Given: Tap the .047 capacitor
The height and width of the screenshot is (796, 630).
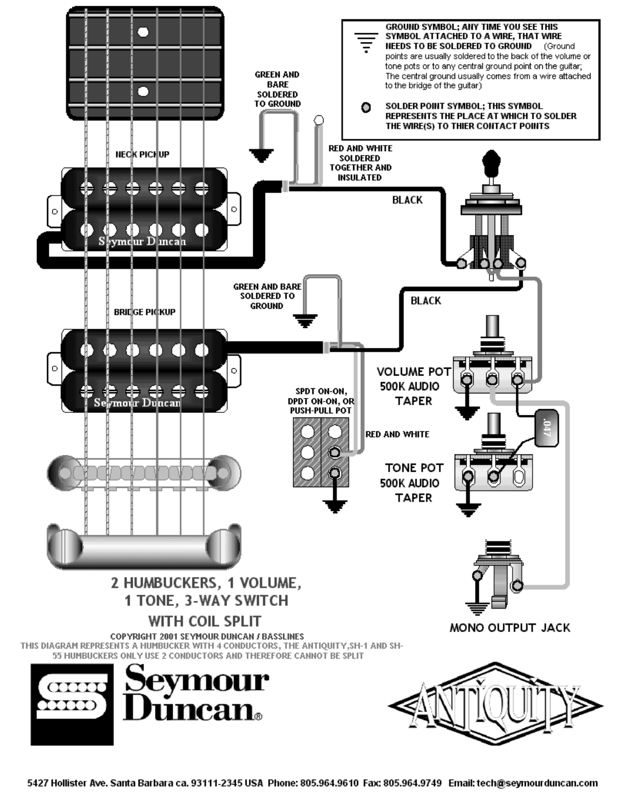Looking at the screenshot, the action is click(546, 428).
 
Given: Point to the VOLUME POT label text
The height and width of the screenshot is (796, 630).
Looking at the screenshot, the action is click(414, 371).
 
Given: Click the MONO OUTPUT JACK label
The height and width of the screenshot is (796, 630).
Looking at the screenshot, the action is click(510, 627).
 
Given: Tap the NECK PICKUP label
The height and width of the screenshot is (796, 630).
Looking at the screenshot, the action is click(142, 154).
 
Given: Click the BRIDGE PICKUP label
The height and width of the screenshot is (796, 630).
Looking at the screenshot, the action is click(145, 312).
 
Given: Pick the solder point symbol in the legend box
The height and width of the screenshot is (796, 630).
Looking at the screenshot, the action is click(365, 107).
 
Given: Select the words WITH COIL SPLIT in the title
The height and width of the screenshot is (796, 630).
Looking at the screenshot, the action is click(205, 621).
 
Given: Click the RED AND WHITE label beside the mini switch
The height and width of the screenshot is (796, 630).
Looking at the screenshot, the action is click(397, 434).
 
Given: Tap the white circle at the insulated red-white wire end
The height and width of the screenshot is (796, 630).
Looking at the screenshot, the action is click(318, 120).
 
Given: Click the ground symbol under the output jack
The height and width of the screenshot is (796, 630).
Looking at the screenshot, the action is click(477, 609).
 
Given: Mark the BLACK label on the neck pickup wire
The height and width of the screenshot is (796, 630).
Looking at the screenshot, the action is click(407, 200).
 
